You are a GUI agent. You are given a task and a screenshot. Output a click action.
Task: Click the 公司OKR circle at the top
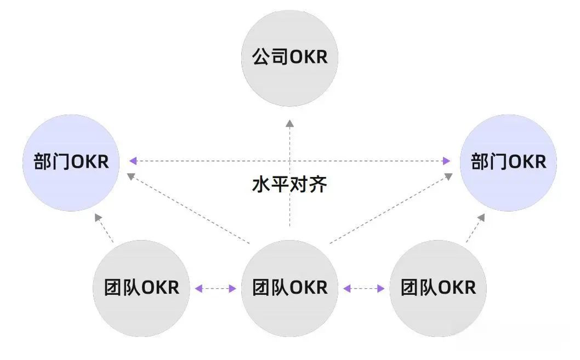(x=289, y=57)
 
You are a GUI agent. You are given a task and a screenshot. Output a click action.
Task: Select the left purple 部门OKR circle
(x=71, y=162)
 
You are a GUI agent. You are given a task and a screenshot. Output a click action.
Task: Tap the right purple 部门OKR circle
(x=508, y=162)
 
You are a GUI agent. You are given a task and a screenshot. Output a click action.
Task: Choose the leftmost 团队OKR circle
(x=141, y=288)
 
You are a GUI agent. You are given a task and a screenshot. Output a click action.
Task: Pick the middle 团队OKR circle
(x=289, y=288)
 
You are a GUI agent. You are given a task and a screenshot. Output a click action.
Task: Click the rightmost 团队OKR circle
(x=437, y=288)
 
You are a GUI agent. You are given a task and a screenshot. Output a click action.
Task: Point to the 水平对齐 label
(x=289, y=185)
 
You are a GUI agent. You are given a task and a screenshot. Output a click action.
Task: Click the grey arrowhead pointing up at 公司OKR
(x=289, y=123)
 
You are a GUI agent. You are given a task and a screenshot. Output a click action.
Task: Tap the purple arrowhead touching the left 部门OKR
(x=133, y=161)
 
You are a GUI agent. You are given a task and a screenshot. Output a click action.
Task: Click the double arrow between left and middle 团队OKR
(x=215, y=288)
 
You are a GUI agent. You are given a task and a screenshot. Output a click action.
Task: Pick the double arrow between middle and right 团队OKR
(x=363, y=288)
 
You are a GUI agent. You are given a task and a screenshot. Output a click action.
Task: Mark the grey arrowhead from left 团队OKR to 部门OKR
(x=98, y=218)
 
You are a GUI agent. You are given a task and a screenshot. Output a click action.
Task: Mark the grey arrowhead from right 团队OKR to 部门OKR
(x=481, y=218)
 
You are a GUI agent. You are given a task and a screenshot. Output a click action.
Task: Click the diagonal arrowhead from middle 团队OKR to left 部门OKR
(x=130, y=176)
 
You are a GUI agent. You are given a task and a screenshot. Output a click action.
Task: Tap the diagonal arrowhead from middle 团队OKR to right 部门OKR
(x=448, y=176)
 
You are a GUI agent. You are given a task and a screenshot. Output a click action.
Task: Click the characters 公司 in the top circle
(x=270, y=57)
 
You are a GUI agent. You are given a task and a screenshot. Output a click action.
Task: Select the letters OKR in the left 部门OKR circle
(x=90, y=162)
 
